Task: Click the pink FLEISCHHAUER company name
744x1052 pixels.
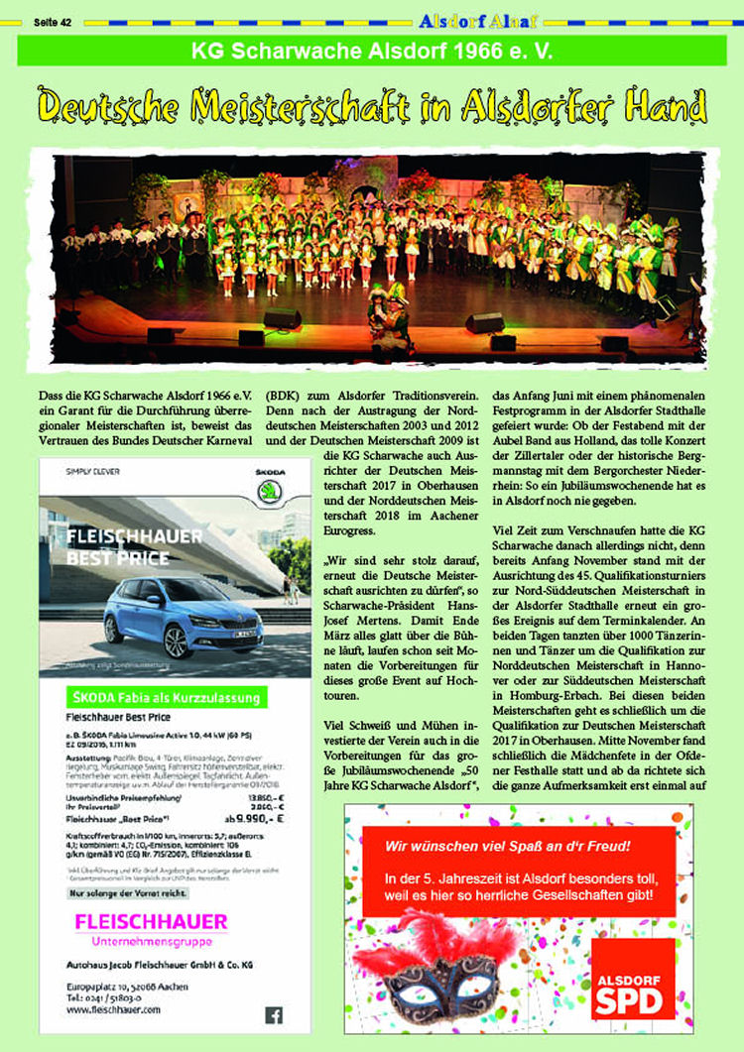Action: tap(151, 921)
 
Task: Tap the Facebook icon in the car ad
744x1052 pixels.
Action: tap(274, 1014)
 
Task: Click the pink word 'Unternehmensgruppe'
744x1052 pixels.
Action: tap(151, 940)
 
